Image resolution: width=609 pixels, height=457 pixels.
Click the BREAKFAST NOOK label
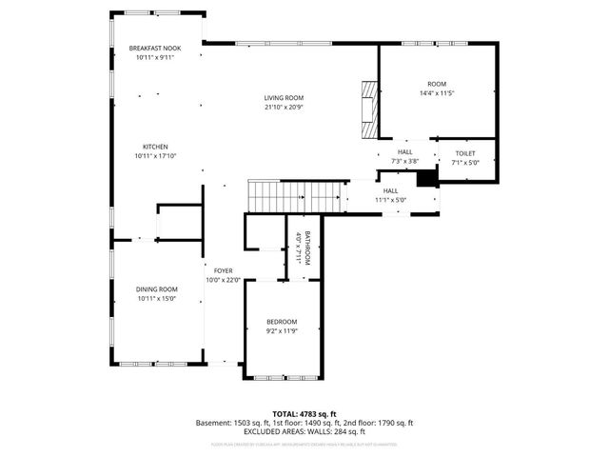(x=155, y=49)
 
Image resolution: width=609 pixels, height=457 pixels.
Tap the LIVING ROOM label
(x=284, y=98)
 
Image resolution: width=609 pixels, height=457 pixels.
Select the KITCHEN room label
(x=155, y=147)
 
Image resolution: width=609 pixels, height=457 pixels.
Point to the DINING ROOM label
(x=155, y=289)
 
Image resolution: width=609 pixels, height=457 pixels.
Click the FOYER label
(x=224, y=271)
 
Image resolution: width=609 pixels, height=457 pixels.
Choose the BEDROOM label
(x=281, y=322)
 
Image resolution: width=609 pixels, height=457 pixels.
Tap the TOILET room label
(x=464, y=152)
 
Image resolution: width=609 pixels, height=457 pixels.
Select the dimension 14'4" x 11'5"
(x=437, y=93)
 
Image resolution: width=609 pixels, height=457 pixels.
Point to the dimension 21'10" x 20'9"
(x=284, y=107)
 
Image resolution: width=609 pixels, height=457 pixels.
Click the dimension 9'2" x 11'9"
(x=281, y=331)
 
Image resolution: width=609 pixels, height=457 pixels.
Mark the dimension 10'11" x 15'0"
(x=155, y=299)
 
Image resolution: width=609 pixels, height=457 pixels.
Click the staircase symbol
(x=294, y=197)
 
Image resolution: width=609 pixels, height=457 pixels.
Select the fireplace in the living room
(x=367, y=104)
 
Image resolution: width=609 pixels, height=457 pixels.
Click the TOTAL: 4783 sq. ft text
(x=304, y=413)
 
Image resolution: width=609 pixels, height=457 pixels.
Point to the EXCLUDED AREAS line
(x=304, y=431)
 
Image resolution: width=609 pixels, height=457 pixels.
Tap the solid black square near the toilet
(x=427, y=177)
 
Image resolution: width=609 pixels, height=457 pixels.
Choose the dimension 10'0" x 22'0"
(x=224, y=280)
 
